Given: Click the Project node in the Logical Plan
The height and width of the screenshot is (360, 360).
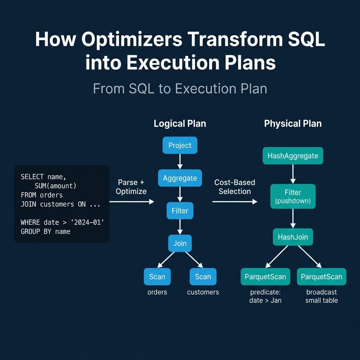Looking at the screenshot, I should coord(180,145).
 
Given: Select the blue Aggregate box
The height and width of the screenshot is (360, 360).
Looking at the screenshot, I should coord(180,178).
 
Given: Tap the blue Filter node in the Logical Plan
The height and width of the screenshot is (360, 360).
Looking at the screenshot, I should coord(180,211).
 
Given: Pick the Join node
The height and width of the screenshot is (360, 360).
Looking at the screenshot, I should coord(180,243).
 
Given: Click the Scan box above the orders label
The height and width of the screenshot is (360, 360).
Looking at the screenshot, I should coord(157,277).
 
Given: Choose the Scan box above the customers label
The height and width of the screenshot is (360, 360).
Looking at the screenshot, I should coord(203,277).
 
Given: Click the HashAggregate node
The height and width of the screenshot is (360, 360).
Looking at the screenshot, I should coord(292,156).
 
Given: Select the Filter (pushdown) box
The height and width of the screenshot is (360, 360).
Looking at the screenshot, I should coord(292,197).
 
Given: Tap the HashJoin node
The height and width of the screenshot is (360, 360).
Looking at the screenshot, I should coord(292,237).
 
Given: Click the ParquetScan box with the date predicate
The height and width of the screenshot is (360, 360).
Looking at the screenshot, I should coord(265,277).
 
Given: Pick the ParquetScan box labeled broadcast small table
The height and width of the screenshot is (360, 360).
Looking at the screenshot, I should coord(321,277).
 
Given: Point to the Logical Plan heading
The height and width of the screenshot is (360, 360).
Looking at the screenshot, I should coord(180,124).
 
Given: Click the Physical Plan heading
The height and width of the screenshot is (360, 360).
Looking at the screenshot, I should coord(292,124).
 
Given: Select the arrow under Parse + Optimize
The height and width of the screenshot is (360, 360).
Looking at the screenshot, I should coord(131,201).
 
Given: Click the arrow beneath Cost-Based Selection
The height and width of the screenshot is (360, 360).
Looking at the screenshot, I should coord(234,201).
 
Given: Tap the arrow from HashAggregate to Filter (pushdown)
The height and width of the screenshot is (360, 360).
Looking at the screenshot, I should coord(292,174).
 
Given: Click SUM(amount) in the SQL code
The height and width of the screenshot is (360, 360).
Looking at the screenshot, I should coord(55,186).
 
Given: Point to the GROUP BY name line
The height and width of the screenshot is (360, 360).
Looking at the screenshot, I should coord(45,231).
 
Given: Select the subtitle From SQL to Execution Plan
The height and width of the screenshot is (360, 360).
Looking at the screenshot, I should coord(180,89).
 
